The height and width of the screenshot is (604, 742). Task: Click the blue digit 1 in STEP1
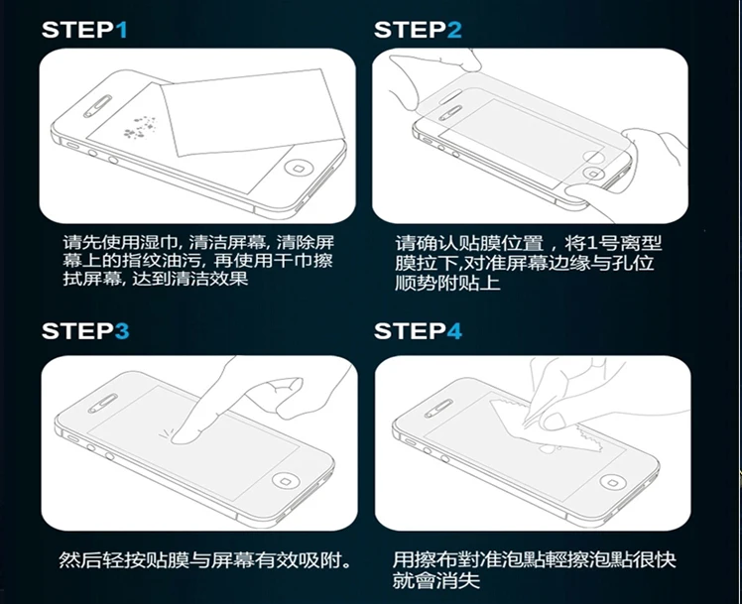tap(122, 30)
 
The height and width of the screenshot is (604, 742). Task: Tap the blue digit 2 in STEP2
tap(454, 30)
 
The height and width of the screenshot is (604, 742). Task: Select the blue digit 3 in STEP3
tap(122, 330)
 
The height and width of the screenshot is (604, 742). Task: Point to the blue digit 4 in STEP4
tap(454, 330)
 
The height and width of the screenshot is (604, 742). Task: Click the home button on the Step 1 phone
tap(298, 168)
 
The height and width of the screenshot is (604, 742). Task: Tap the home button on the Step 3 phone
tap(286, 481)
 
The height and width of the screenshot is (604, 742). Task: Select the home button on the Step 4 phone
tap(613, 482)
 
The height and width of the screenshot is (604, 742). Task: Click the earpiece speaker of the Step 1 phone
tap(98, 106)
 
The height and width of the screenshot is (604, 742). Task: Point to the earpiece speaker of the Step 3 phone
tap(103, 404)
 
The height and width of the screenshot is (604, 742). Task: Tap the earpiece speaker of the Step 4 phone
tap(438, 409)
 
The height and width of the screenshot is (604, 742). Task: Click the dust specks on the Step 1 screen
tap(140, 127)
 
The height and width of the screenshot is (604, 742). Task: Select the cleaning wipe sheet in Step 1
tap(252, 113)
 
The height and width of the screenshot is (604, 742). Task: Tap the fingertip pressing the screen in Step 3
tap(180, 437)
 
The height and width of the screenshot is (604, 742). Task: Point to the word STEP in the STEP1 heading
tap(78, 30)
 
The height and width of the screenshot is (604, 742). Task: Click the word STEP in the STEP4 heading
tap(411, 330)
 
